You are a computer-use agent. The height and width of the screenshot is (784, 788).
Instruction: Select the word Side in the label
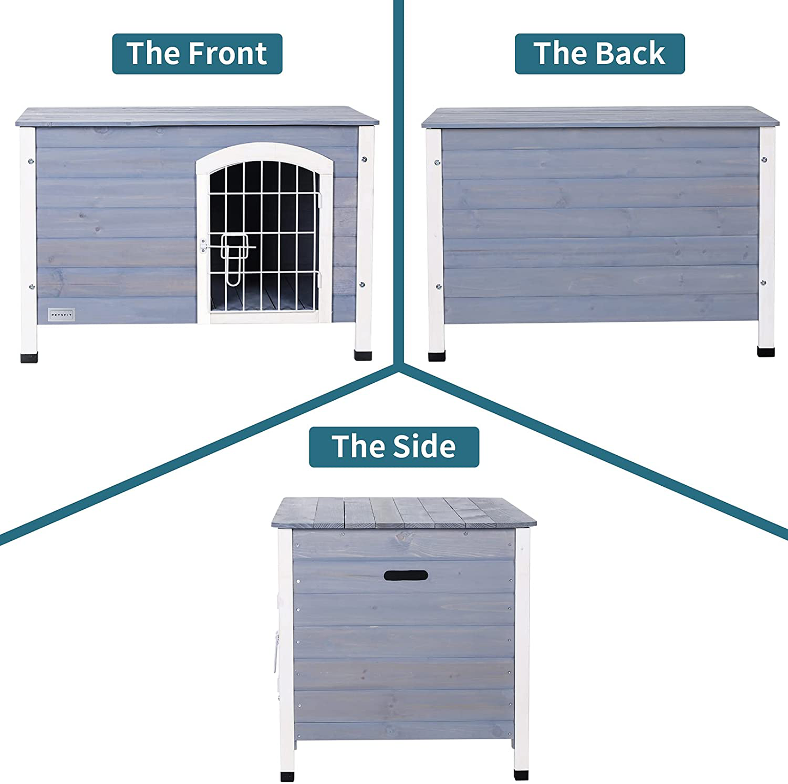click(424, 447)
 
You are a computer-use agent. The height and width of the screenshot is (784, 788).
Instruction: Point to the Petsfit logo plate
click(61, 315)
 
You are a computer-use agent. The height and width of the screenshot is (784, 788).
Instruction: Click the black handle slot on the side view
click(406, 575)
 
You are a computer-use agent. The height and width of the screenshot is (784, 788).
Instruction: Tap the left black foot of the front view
click(29, 358)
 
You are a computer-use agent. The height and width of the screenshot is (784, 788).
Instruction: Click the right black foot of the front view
click(363, 355)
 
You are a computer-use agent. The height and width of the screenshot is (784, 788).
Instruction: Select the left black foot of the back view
click(436, 356)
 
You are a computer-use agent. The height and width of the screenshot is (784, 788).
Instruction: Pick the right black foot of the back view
click(766, 352)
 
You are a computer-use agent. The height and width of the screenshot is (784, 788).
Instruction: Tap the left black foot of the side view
click(287, 775)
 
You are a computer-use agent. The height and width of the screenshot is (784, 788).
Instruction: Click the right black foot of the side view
click(521, 774)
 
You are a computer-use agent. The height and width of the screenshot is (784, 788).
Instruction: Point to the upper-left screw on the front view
click(31, 161)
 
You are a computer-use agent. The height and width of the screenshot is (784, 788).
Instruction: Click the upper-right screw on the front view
click(364, 160)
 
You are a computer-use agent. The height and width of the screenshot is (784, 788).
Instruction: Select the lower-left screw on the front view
click(32, 287)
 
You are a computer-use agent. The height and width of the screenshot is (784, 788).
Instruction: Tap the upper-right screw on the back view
click(764, 160)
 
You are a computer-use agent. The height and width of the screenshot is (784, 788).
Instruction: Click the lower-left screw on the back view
click(437, 286)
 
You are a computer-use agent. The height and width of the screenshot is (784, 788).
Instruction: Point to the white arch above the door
click(264, 150)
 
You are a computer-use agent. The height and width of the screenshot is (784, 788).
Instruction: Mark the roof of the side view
click(404, 512)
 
